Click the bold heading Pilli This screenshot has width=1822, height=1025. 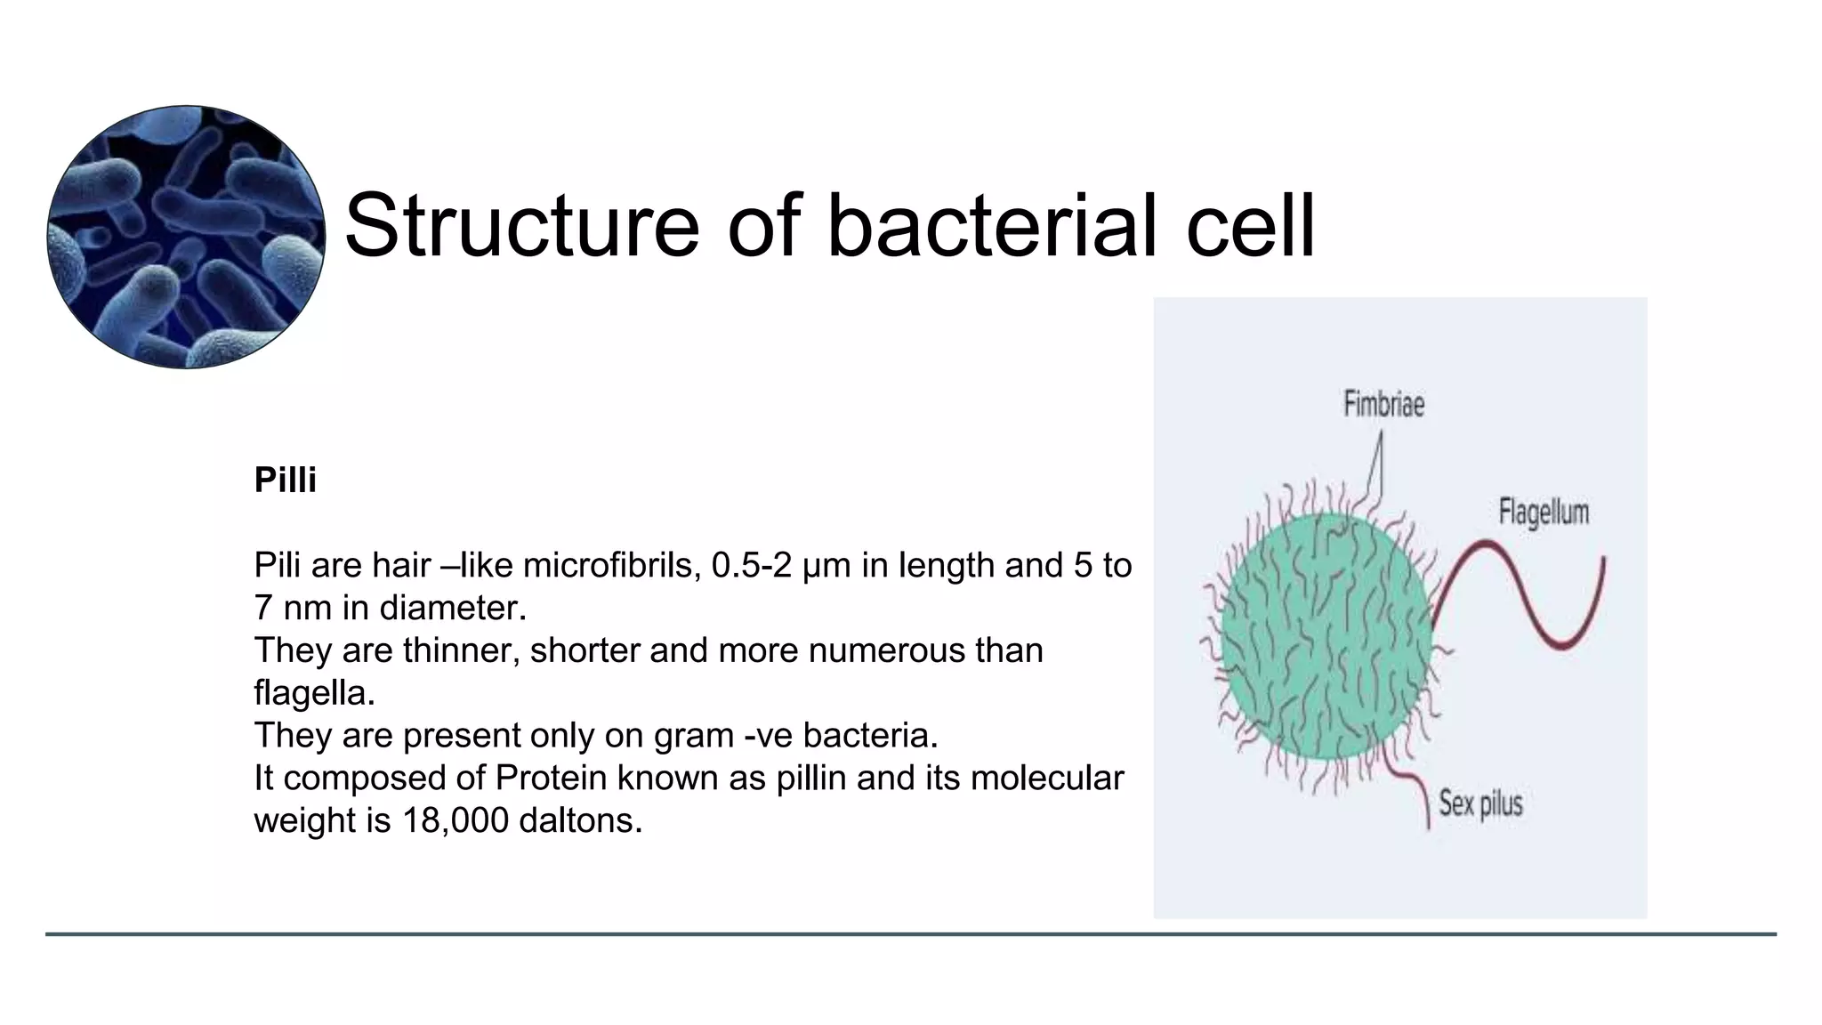pos(285,480)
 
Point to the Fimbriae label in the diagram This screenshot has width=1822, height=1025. pos(1383,405)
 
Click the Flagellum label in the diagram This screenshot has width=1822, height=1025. pos(1543,512)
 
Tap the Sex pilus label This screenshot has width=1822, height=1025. pos(1480,803)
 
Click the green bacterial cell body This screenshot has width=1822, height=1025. pos(1326,636)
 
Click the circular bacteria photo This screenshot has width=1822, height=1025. pos(186,237)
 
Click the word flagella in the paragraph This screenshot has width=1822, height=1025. pos(314,693)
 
